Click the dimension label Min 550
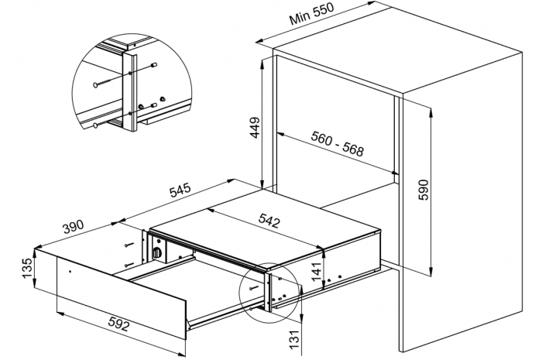pyautogui.click(x=312, y=14)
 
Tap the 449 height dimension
pyautogui.click(x=255, y=128)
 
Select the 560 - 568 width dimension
pyautogui.click(x=338, y=143)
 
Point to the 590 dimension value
pyautogui.click(x=423, y=190)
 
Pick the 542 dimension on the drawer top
pyautogui.click(x=269, y=220)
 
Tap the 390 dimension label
pyautogui.click(x=73, y=226)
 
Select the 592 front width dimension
pyautogui.click(x=119, y=324)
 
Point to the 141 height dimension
pyautogui.click(x=317, y=270)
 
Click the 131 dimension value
pyautogui.click(x=293, y=339)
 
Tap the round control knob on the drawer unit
pyautogui.click(x=157, y=252)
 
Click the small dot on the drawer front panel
pyautogui.click(x=70, y=272)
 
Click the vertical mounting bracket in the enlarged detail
pyautogui.click(x=130, y=92)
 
